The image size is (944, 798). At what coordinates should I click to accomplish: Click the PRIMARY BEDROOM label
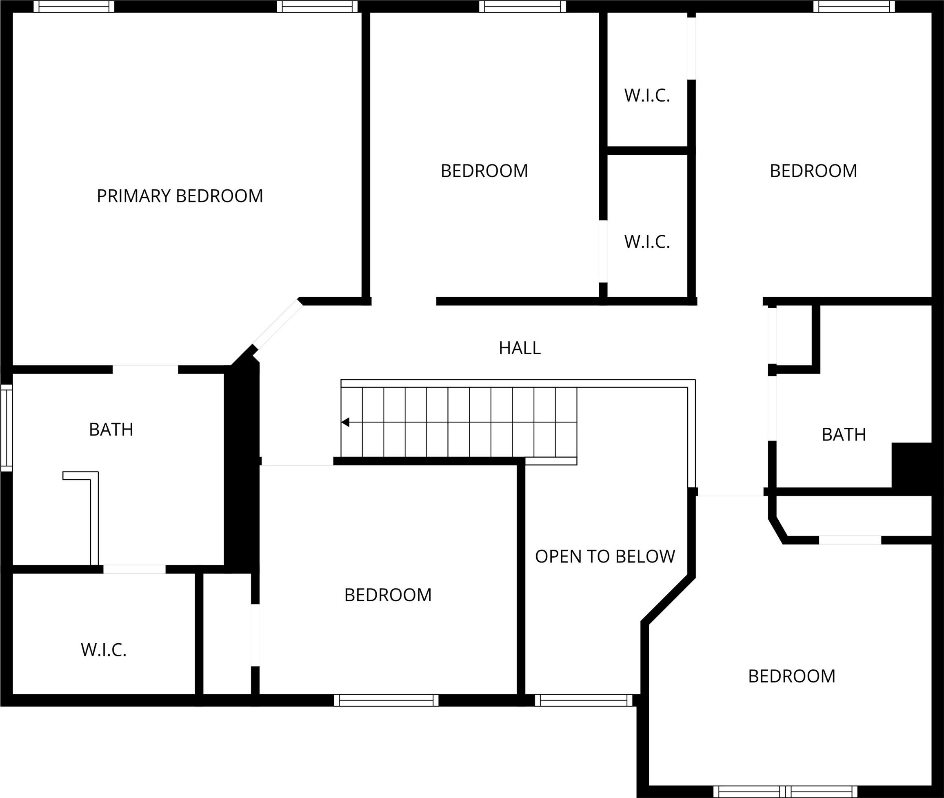tap(180, 196)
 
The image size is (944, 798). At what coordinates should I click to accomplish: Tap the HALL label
tap(520, 348)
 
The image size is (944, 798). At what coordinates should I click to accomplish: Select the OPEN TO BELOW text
tap(605, 556)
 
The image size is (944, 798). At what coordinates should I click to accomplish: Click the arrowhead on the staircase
tap(345, 422)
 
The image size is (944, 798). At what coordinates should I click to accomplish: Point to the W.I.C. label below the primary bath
tap(104, 650)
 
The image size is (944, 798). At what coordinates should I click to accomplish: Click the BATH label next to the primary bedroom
tap(111, 430)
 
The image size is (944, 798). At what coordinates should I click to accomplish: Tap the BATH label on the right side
tap(844, 435)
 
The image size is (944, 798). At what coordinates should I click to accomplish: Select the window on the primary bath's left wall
tap(7, 428)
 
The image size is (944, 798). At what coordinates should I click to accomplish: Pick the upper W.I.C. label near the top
tap(647, 96)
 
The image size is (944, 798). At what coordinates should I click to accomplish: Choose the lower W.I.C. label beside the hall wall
tap(647, 242)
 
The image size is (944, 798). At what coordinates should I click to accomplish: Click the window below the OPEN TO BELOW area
tap(584, 700)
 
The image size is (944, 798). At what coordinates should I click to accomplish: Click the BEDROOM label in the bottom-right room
tap(792, 676)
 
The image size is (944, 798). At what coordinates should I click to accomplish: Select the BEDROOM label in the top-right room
tap(814, 171)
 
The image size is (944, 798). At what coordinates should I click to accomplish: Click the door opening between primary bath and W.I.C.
tap(134, 569)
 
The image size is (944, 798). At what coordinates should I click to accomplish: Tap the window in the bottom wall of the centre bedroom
tap(386, 700)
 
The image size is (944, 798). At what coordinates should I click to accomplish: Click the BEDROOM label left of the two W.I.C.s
tap(484, 171)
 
